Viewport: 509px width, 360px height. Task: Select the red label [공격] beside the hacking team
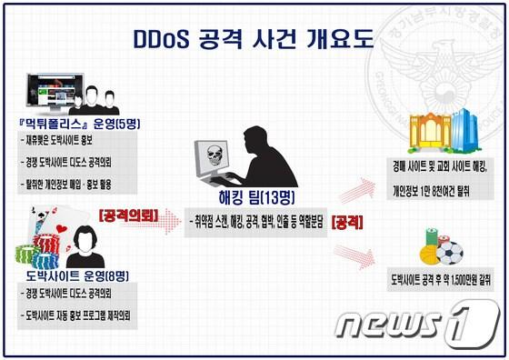(350, 220)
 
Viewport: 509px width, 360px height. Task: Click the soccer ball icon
(448, 252)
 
